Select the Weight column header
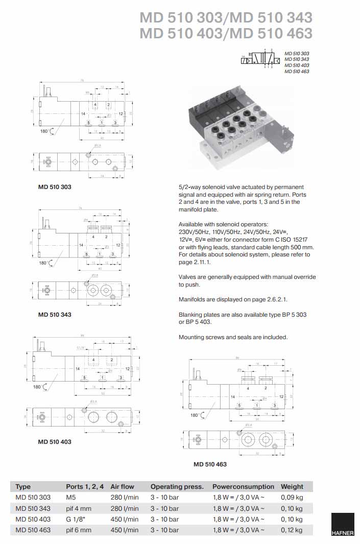tap(292, 486)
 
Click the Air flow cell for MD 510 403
tap(125, 519)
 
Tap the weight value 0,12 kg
tap(292, 530)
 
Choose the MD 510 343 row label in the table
tap(33, 509)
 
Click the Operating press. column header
tap(177, 486)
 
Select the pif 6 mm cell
tap(79, 530)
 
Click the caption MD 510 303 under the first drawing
tap(55, 187)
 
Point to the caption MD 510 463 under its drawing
tap(210, 464)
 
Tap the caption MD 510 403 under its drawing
tap(55, 442)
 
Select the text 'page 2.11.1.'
tap(194, 262)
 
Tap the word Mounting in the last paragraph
tap(191, 337)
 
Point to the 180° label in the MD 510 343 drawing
tap(45, 263)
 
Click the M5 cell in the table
tap(70, 498)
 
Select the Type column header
tap(23, 486)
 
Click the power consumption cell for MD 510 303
tap(238, 498)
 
